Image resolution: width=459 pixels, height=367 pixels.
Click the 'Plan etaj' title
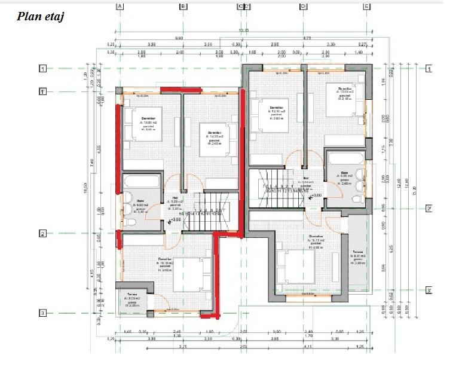[x=41, y=16]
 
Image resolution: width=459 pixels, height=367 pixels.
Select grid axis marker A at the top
[x=120, y=7]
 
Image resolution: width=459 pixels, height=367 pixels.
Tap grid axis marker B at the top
[x=184, y=7]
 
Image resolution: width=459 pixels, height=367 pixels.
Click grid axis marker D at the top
[x=304, y=7]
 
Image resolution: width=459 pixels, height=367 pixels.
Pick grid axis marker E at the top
[x=366, y=7]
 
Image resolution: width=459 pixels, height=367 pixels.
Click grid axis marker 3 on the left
[x=42, y=313]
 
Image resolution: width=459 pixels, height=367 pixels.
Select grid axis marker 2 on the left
[x=42, y=234]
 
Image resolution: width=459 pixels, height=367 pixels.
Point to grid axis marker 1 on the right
[x=428, y=69]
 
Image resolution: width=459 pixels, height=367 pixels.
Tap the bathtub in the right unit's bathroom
[x=344, y=158]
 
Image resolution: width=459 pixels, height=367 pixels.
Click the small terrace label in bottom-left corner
[x=131, y=299]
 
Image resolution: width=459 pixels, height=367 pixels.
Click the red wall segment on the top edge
[x=180, y=90]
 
